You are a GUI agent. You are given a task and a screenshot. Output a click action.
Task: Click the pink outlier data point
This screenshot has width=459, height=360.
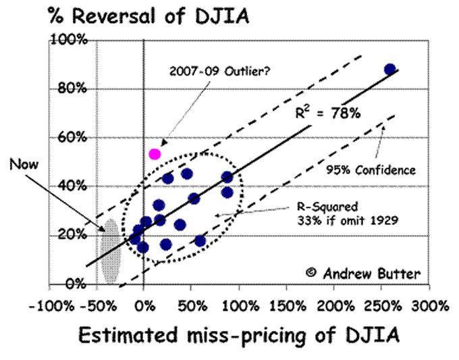point(155,154)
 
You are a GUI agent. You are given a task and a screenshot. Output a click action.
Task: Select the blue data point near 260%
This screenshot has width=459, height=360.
point(389,69)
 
